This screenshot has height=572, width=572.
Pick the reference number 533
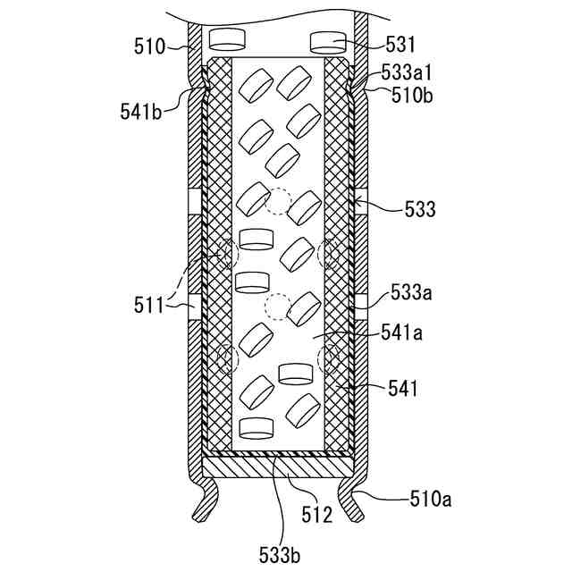419,210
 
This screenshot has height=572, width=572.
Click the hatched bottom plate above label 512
279,465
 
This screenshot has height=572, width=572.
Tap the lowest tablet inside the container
257,428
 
